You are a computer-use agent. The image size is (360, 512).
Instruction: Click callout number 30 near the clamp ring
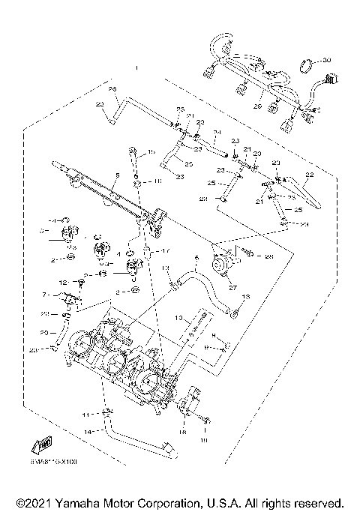326,59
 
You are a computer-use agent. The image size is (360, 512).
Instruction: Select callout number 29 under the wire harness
256,107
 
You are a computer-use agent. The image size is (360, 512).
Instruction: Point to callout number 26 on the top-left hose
113,89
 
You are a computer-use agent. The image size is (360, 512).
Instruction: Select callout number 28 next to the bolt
268,256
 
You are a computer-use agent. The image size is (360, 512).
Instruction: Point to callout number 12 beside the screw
85,281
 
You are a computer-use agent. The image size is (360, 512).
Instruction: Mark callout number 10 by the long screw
179,318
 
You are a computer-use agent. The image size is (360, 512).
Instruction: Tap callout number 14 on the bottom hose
88,432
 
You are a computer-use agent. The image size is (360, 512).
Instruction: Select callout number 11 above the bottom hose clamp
87,414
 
